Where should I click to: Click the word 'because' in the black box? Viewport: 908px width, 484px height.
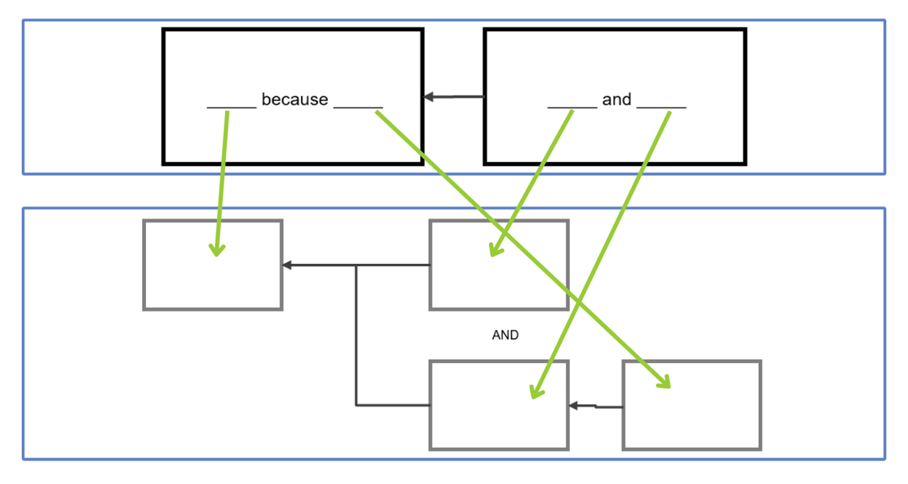[x=295, y=100]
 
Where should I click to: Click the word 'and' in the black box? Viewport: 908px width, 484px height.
[x=617, y=100]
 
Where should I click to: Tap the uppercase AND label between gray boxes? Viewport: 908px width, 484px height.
[x=505, y=335]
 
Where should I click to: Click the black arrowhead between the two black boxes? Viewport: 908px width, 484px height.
[x=429, y=97]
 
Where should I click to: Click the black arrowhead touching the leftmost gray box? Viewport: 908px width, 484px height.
[x=287, y=265]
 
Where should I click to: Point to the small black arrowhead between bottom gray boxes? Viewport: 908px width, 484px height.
[x=573, y=406]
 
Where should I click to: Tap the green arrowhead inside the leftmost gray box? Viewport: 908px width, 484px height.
[x=216, y=250]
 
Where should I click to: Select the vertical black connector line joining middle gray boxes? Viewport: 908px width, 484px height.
[x=356, y=335]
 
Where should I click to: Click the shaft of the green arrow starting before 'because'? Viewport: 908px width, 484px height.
[x=222, y=177]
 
